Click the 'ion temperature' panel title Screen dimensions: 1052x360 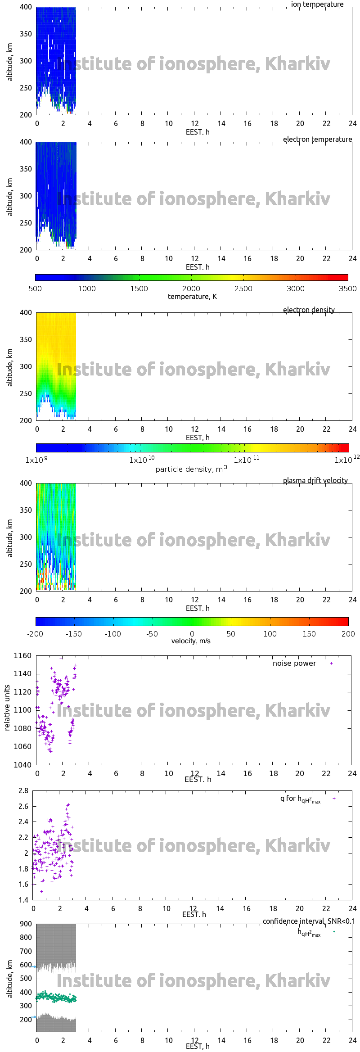317,5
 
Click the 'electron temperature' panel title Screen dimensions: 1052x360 317,140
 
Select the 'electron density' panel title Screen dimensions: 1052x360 309,310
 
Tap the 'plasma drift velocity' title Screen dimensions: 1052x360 315,481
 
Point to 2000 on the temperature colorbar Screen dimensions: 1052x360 191,289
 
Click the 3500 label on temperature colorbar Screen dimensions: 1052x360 347,289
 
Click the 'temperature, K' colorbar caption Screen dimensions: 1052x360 192,297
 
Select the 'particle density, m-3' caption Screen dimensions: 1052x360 191,469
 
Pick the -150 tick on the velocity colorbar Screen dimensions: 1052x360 74,634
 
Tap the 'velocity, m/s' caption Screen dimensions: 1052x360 191,641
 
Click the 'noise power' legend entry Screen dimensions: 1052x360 294,664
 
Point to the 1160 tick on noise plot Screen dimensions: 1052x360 22,656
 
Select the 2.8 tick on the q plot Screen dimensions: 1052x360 23,790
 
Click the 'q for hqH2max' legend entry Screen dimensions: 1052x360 300,799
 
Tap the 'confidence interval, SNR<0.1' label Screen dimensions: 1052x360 309,921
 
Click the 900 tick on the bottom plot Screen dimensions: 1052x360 26,924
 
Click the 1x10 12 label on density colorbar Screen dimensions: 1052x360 346,460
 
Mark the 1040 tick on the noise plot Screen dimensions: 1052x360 22,765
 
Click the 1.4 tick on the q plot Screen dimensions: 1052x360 23,900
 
